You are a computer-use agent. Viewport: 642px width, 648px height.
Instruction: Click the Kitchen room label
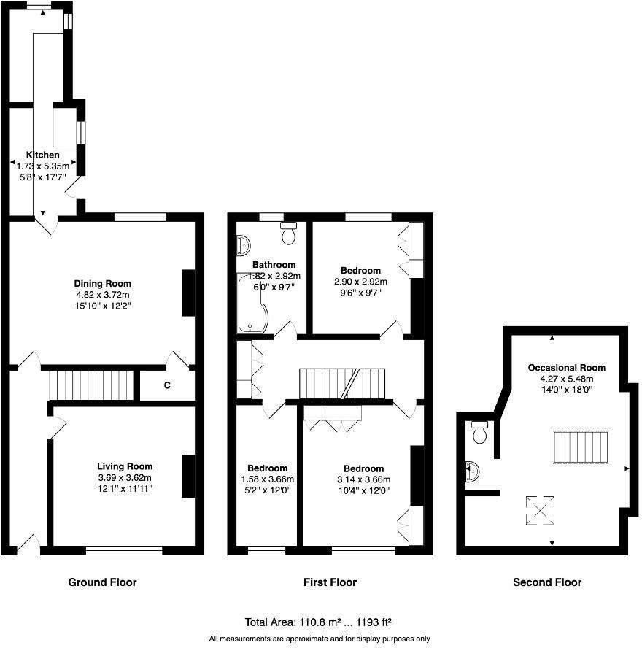click(43, 155)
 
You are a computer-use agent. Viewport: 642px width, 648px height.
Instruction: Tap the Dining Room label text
click(103, 283)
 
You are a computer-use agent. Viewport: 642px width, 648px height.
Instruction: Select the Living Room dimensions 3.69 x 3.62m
click(125, 477)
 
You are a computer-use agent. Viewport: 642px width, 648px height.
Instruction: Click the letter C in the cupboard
click(167, 385)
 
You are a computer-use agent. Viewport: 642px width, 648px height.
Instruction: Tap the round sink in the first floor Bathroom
click(242, 245)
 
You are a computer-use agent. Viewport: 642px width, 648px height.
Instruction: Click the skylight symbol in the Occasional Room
click(541, 510)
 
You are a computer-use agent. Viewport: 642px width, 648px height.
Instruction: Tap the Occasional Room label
click(566, 368)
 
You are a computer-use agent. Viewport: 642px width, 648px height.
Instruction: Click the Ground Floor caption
click(102, 582)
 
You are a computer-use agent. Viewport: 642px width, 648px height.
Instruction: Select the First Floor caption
click(330, 582)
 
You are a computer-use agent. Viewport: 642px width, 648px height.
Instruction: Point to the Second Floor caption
click(547, 582)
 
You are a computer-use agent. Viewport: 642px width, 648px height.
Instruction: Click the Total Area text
click(319, 622)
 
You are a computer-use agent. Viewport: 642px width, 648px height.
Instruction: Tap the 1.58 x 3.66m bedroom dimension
click(266, 479)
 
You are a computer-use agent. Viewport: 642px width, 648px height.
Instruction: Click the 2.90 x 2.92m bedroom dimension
click(360, 282)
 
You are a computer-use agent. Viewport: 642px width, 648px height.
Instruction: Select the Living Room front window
click(124, 550)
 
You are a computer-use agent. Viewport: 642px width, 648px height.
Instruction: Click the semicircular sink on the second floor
click(472, 472)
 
